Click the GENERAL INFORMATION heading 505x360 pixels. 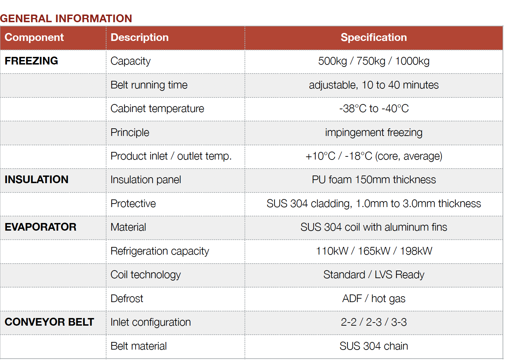click(x=66, y=18)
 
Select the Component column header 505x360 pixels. click(x=34, y=37)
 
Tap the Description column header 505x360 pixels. click(x=139, y=37)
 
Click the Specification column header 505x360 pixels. click(x=374, y=37)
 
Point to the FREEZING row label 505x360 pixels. click(x=31, y=61)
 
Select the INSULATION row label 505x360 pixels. click(x=36, y=180)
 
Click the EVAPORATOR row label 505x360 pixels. click(x=41, y=227)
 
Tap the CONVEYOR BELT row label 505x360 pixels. click(x=49, y=322)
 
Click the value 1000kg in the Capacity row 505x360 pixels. click(x=412, y=61)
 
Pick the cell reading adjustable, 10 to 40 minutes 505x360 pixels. click(x=374, y=85)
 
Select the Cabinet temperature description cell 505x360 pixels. click(x=157, y=109)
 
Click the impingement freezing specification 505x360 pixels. click(x=374, y=133)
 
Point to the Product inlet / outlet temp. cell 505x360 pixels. click(x=171, y=156)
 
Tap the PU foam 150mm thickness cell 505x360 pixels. click(x=374, y=180)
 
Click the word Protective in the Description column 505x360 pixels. click(x=133, y=204)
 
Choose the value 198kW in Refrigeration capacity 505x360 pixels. click(x=416, y=251)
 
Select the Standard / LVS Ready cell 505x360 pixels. click(x=374, y=275)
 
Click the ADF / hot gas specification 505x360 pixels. click(x=374, y=299)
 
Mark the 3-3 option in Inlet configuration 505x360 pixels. click(x=399, y=322)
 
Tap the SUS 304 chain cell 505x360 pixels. click(x=374, y=346)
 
